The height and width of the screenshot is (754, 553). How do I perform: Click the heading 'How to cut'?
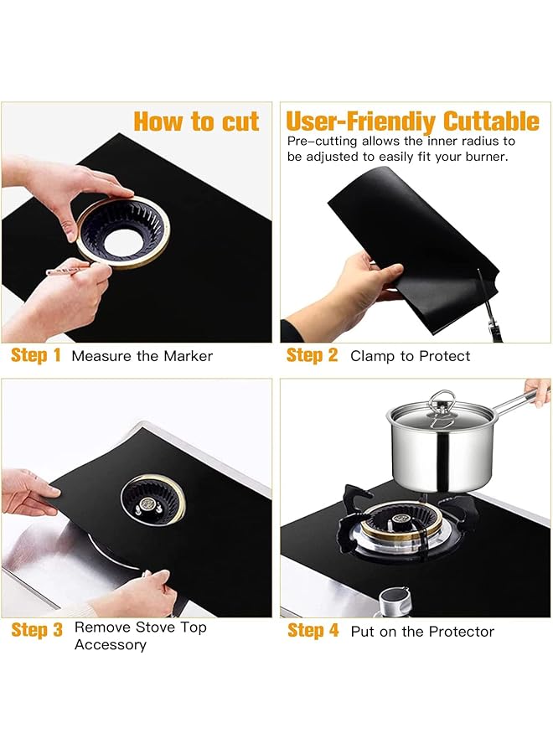coord(196,121)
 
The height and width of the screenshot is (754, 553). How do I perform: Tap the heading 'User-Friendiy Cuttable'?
coord(412,121)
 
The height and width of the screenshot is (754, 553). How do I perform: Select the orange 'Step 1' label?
coord(35,355)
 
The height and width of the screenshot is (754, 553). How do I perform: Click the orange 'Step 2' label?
coord(312,355)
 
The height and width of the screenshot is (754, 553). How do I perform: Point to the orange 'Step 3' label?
coord(37,629)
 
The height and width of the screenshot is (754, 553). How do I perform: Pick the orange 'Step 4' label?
coord(313,630)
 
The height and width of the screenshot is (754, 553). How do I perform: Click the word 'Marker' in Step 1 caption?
coord(188,356)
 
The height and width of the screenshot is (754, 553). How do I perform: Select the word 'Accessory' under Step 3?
coord(111,645)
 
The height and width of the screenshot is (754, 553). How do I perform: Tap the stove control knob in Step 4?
coord(394,601)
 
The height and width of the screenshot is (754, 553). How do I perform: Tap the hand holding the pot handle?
coord(537,390)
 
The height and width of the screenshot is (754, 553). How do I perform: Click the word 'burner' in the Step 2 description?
coord(486,157)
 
